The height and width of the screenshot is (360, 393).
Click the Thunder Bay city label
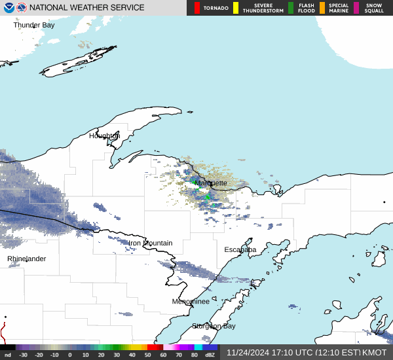point(34,25)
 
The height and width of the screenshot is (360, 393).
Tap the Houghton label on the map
point(104,136)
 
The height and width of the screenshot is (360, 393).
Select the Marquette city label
point(211,183)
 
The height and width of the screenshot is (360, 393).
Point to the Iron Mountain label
point(150,243)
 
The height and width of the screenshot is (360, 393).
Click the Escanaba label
point(240,250)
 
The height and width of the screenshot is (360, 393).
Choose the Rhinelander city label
point(27,259)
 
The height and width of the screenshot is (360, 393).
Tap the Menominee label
point(191,302)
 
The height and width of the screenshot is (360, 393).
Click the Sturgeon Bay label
point(214,326)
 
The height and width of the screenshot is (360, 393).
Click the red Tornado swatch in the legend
point(197,8)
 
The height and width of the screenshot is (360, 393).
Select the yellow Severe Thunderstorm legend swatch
point(236,8)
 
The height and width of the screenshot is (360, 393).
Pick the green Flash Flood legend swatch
point(291,8)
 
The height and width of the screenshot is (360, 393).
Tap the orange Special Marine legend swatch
point(322,8)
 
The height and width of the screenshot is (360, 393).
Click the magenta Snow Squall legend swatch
point(356,8)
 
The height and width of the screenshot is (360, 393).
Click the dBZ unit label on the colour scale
point(210,355)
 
